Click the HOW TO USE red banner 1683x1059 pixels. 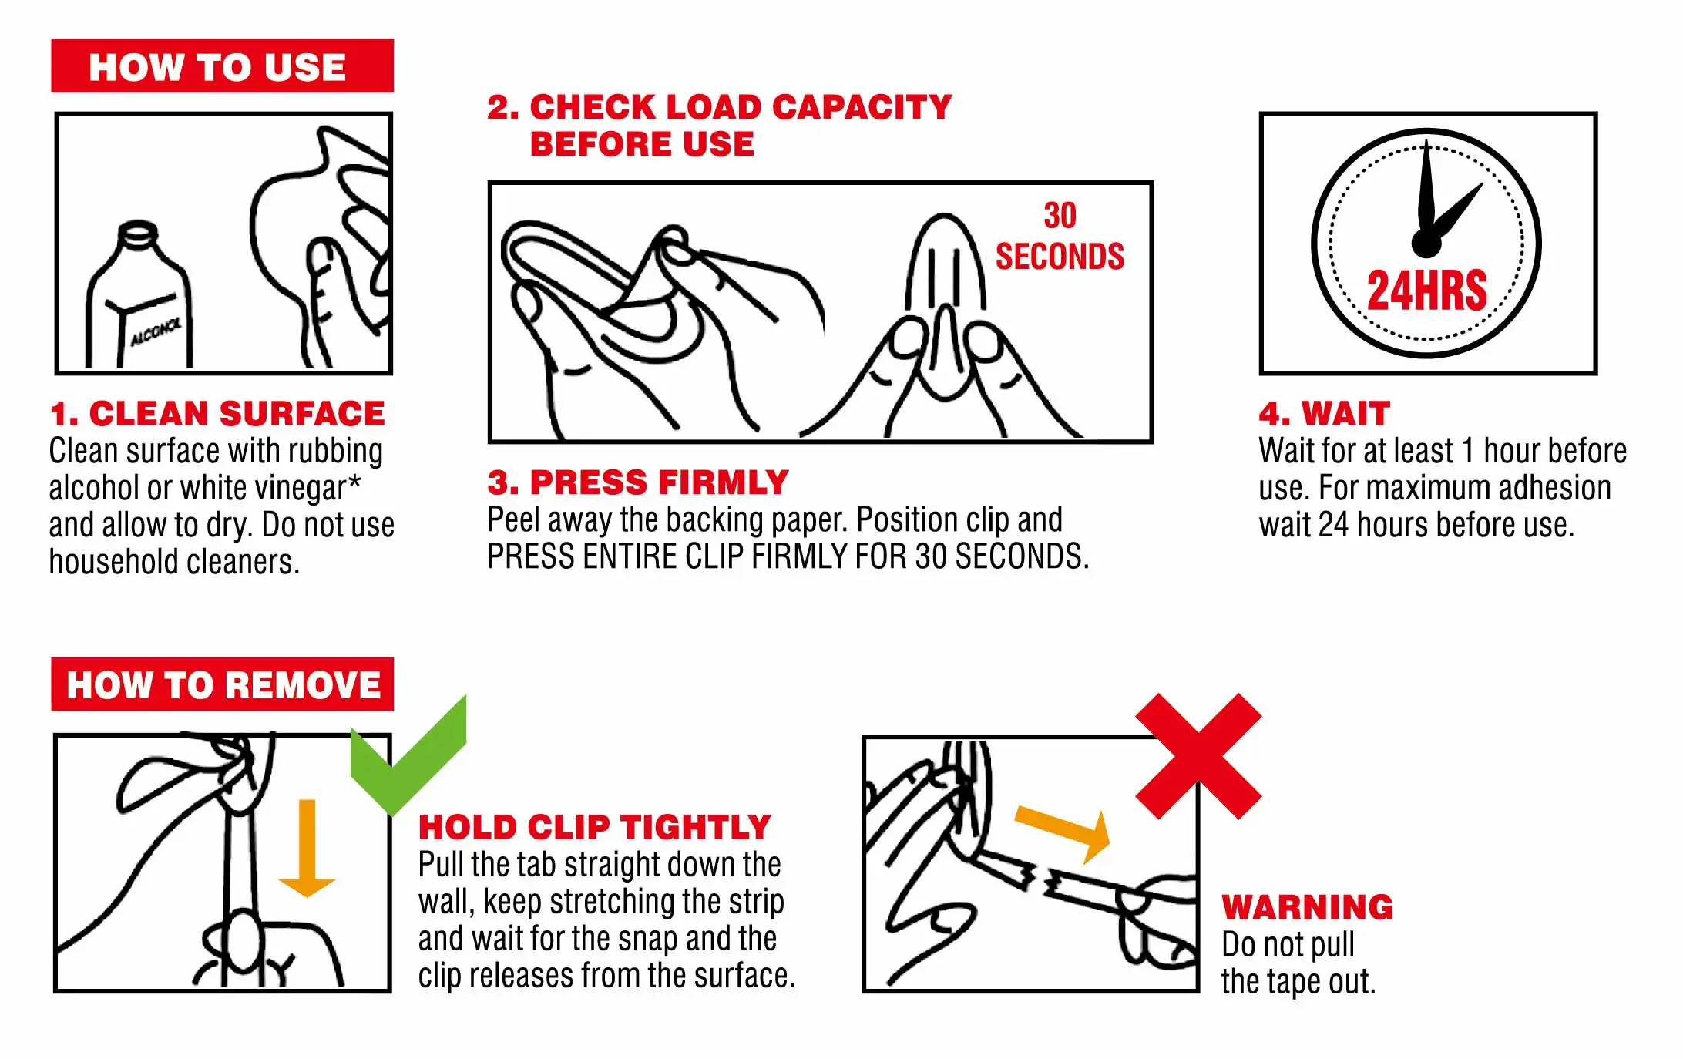[222, 66]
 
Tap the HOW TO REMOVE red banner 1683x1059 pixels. [222, 684]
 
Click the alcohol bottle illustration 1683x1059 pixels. [139, 297]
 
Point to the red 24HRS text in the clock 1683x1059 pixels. [1426, 291]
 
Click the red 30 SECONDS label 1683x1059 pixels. [1060, 237]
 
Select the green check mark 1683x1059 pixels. [408, 755]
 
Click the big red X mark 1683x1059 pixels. [1198, 755]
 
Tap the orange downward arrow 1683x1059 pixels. [307, 848]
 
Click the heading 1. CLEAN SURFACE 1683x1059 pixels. [217, 414]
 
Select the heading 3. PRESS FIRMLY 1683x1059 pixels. [638, 482]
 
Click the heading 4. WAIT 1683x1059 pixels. [1325, 414]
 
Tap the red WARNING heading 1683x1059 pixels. [1308, 907]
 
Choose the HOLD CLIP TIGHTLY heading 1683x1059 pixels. [594, 827]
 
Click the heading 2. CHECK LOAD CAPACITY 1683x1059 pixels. [720, 107]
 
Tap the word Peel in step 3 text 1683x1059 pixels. [514, 519]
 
